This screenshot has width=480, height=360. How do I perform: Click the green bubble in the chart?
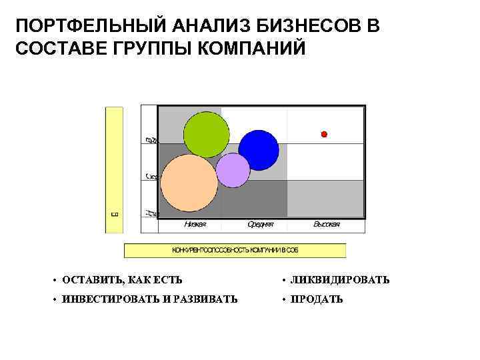(x=205, y=135)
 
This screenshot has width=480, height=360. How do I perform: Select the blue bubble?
(x=259, y=150)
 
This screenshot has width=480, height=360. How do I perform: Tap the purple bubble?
(x=233, y=170)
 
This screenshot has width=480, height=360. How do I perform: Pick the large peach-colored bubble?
(x=189, y=182)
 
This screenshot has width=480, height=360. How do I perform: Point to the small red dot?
(x=325, y=135)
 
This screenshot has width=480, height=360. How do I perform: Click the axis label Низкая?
(x=195, y=225)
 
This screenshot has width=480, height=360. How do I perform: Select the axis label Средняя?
(x=260, y=225)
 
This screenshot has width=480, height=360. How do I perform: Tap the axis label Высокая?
(x=327, y=225)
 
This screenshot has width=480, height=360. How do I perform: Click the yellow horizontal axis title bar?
(x=235, y=251)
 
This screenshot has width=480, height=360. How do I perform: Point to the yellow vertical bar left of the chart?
(x=114, y=169)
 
